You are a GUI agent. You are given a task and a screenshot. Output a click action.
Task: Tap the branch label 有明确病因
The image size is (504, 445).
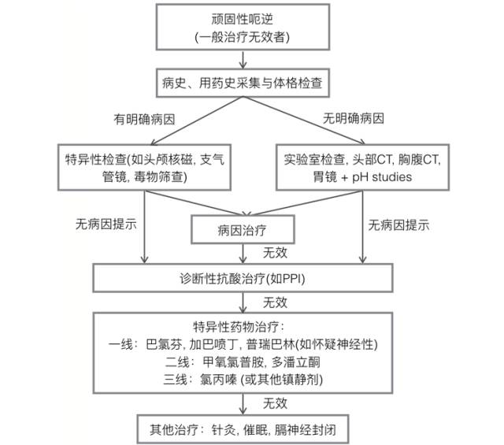point(146,121)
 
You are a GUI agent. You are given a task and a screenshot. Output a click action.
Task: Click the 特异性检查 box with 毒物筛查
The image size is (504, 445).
point(143,168)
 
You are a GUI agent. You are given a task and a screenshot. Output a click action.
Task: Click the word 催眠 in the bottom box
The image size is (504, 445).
point(252,430)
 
